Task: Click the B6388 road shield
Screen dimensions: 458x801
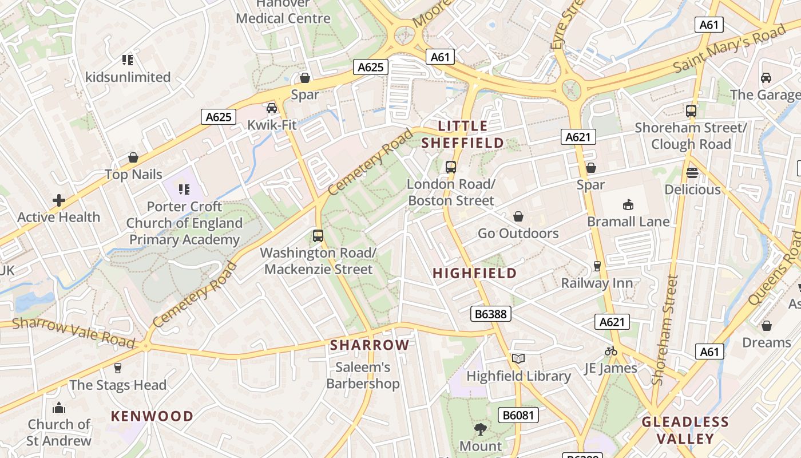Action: (x=490, y=313)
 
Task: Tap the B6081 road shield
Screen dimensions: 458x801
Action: (x=518, y=415)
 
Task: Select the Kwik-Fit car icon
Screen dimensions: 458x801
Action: (x=272, y=108)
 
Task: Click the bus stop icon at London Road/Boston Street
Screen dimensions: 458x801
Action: (x=451, y=167)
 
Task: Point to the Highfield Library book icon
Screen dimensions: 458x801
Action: (x=518, y=359)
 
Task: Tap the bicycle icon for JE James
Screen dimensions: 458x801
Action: (x=611, y=351)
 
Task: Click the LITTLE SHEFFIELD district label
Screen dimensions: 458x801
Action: (x=463, y=135)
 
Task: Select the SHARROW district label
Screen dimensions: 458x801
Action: (x=370, y=345)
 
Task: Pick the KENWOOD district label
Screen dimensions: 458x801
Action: (x=152, y=416)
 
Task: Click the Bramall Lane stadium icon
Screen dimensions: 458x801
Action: (x=628, y=204)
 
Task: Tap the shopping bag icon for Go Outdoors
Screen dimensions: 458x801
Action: (x=518, y=216)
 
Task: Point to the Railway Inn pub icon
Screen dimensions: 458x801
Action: (x=597, y=266)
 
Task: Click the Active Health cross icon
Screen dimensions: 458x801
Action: (x=58, y=200)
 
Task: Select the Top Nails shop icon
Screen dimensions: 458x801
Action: (x=133, y=157)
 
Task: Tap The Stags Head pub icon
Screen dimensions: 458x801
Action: (x=118, y=368)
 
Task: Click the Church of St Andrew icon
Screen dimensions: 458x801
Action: (x=58, y=408)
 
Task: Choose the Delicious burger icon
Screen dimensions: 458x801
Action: (x=692, y=172)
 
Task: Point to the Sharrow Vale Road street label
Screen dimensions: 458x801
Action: (x=73, y=332)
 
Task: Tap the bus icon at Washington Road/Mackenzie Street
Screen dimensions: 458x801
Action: (x=318, y=235)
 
